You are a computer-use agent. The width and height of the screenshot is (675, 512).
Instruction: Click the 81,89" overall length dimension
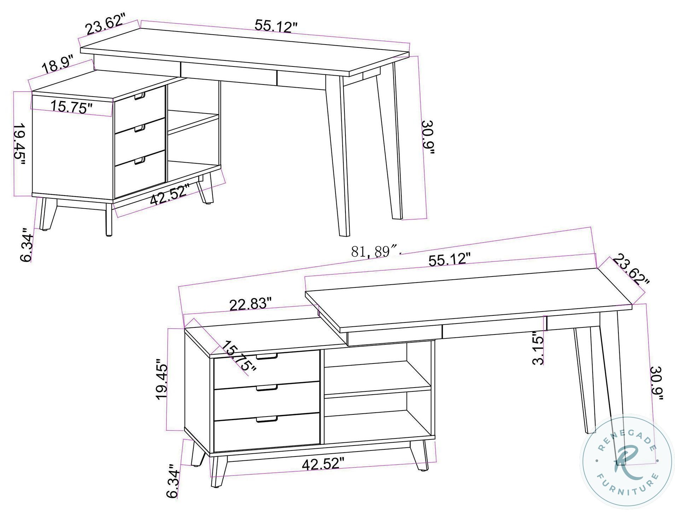click(375, 251)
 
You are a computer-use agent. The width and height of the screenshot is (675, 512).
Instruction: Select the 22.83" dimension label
click(250, 304)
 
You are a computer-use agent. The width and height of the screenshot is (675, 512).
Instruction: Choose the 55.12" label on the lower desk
click(449, 260)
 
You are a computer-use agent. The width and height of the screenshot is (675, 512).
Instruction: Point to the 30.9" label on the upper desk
click(428, 142)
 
